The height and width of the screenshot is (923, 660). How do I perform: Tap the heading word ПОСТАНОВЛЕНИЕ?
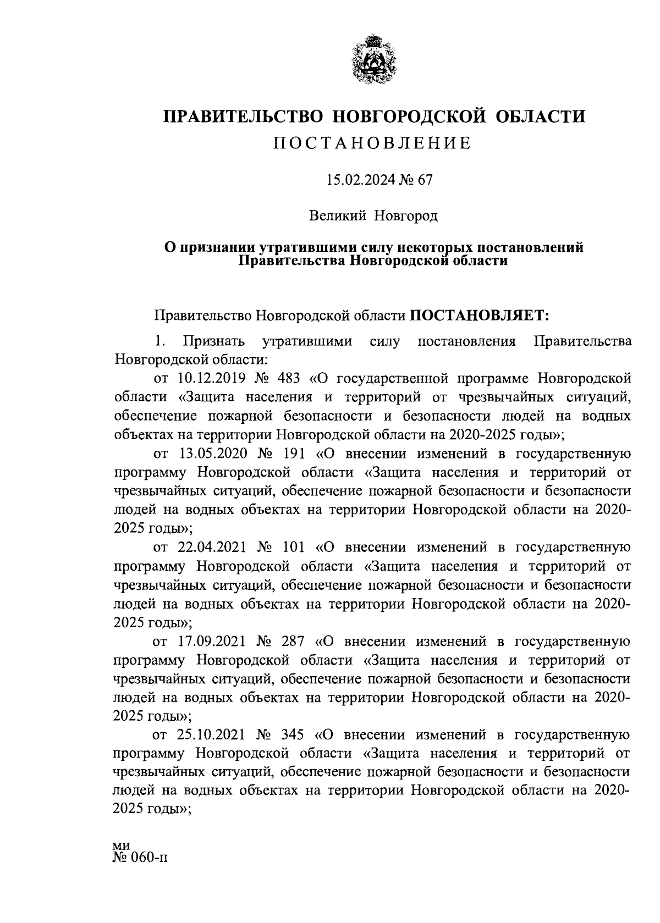coord(372,143)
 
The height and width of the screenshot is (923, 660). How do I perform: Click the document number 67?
coord(425,180)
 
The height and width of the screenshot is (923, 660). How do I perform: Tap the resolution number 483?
coord(290,378)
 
